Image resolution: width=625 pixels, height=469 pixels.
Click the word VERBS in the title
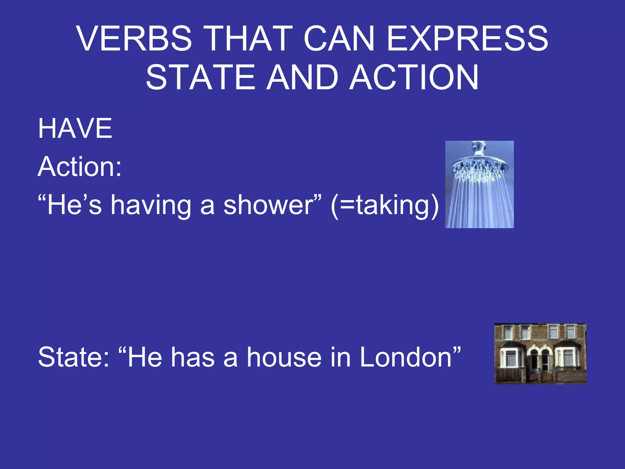[135, 39]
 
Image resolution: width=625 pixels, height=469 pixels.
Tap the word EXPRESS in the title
[467, 39]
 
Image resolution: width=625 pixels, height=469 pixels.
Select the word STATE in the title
[200, 78]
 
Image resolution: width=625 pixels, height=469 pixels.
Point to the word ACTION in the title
[414, 78]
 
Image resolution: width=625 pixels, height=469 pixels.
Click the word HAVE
[75, 129]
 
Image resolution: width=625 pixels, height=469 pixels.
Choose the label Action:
[80, 167]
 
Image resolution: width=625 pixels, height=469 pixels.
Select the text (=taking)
[385, 205]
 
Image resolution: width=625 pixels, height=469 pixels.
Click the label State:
[74, 357]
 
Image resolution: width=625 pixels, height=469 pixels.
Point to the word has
[192, 357]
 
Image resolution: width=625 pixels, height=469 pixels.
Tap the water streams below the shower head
[479, 205]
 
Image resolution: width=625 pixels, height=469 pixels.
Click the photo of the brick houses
[540, 354]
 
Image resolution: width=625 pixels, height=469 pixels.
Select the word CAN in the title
[339, 39]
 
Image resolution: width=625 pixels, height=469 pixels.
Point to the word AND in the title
[302, 78]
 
